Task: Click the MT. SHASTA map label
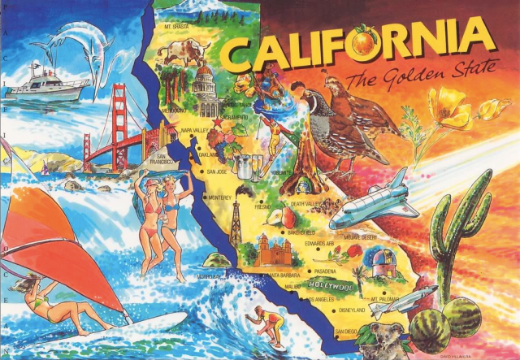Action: tap(177, 26)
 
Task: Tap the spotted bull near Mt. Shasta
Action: tap(184, 52)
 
